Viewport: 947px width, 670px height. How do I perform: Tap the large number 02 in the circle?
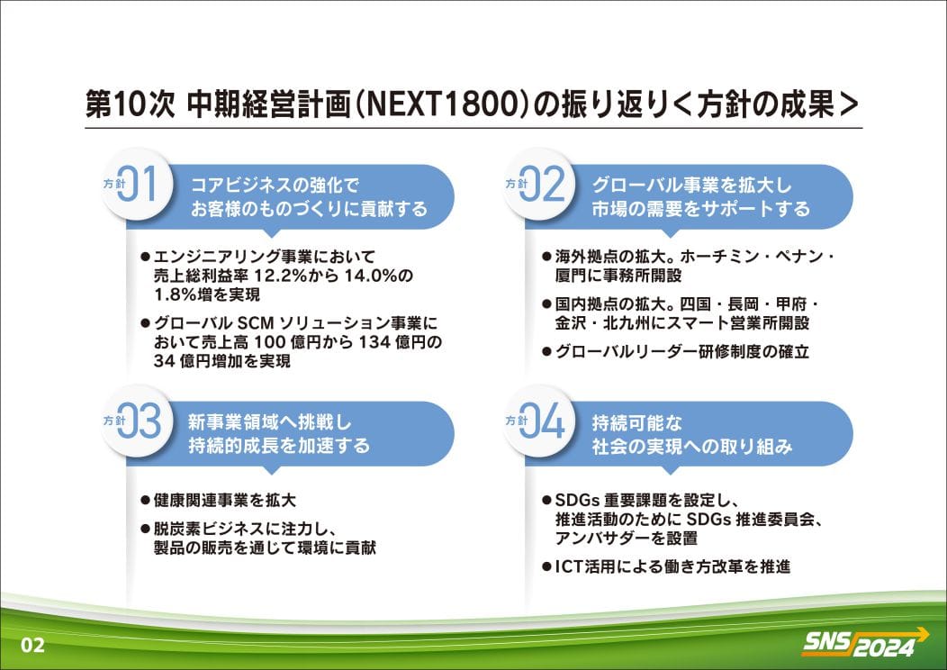tap(542, 184)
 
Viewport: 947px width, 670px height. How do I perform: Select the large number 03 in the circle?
tap(140, 421)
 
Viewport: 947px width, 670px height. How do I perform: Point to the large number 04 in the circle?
tap(542, 421)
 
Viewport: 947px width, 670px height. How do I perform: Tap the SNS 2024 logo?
tap(865, 643)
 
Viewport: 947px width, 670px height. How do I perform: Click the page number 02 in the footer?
tap(32, 645)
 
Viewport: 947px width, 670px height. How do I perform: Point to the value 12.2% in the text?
tap(280, 276)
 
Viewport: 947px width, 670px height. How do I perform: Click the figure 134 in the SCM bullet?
tap(374, 342)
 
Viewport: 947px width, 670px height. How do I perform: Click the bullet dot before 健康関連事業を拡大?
tap(145, 500)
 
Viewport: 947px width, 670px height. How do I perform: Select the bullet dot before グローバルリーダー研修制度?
tap(546, 351)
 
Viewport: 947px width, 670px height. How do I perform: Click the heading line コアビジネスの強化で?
tap(275, 185)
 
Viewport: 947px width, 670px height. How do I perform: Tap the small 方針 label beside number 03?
tap(113, 421)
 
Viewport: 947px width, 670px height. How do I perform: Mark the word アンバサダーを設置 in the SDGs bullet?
tap(627, 538)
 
